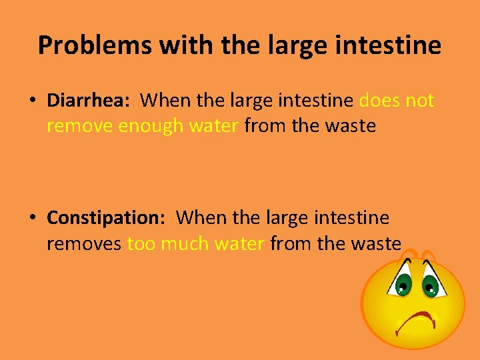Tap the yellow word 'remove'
tap(79, 126)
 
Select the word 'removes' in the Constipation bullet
tap(84, 243)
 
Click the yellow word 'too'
tap(140, 243)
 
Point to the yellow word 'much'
tap(184, 243)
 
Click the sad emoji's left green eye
tap(403, 286)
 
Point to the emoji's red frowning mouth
tap(416, 321)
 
